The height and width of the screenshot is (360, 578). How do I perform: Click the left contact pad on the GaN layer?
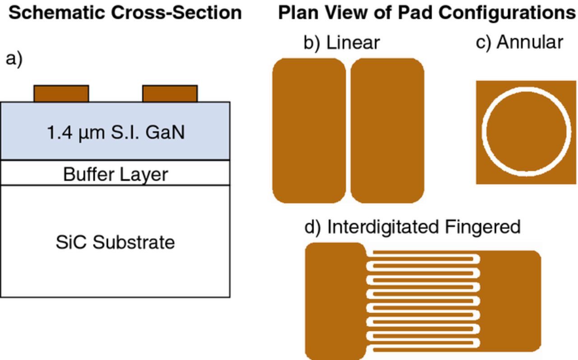[x=61, y=94]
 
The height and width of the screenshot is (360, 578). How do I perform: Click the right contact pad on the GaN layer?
[x=170, y=94]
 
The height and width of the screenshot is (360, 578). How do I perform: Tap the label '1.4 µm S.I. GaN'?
[x=116, y=133]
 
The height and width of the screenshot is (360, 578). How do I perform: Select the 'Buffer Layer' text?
[x=116, y=174]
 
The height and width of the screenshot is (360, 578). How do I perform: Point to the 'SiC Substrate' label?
[x=116, y=242]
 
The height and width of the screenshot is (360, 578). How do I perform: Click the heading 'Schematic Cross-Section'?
[x=125, y=13]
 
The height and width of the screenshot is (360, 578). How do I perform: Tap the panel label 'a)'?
[x=14, y=59]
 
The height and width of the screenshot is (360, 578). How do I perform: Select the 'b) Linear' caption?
[x=341, y=42]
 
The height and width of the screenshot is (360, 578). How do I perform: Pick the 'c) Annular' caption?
[x=519, y=42]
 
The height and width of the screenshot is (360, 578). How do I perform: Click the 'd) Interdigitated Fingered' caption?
[x=412, y=226]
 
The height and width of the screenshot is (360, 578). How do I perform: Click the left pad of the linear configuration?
[x=309, y=130]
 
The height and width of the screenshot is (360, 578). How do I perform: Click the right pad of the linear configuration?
[x=387, y=130]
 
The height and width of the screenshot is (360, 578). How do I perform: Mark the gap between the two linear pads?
[x=348, y=130]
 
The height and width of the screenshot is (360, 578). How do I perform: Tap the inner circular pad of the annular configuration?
[x=526, y=131]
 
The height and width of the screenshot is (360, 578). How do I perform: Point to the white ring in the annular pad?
[x=526, y=91]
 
